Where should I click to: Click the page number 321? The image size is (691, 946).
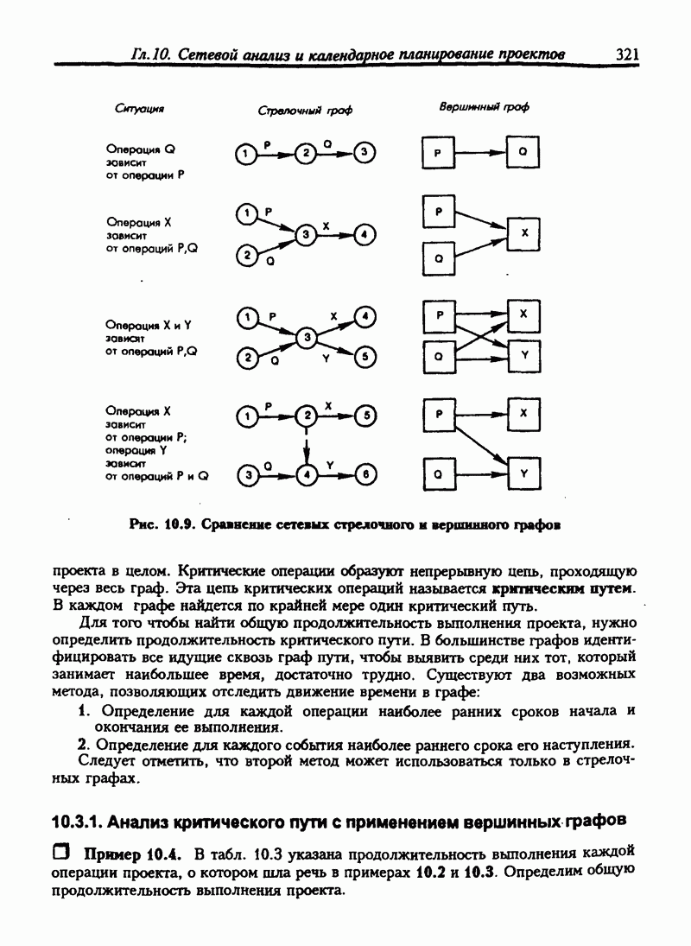pos(627,54)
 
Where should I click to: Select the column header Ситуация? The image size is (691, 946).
pos(139,109)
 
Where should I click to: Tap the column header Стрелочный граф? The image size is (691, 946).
pos(305,111)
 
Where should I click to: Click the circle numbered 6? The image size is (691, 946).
pos(366,474)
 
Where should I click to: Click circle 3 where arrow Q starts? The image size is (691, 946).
pos(248,474)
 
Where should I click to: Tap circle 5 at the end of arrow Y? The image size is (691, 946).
pos(366,355)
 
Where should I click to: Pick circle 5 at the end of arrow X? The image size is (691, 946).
pos(367,416)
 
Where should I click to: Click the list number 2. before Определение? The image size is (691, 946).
pos(84,744)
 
